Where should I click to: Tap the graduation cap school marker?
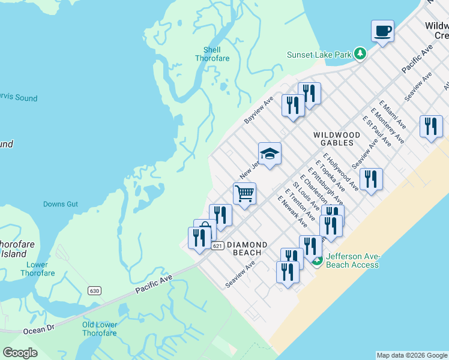(x=270, y=153)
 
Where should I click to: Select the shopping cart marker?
(x=244, y=194)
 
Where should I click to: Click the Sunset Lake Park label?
(x=319, y=55)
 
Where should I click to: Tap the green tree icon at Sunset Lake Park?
(x=360, y=54)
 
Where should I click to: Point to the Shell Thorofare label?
(x=208, y=54)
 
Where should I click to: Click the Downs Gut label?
(x=61, y=204)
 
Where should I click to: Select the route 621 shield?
(x=218, y=245)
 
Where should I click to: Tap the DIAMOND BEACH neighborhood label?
(x=247, y=249)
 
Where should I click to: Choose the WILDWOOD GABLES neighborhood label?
(x=337, y=139)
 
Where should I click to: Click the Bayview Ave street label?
(x=259, y=110)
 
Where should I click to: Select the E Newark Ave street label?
(x=292, y=211)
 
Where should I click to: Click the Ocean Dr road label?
(x=38, y=329)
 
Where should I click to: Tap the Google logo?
(x=20, y=353)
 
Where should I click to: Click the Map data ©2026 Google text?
(x=412, y=355)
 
